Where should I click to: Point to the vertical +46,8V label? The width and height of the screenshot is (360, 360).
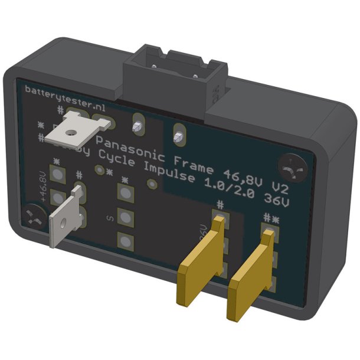(x=41, y=185)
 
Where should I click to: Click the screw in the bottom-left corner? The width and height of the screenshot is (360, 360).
(x=35, y=217)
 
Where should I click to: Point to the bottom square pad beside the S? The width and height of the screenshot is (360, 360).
(x=125, y=240)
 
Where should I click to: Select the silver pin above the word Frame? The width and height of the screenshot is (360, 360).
(x=177, y=138)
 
